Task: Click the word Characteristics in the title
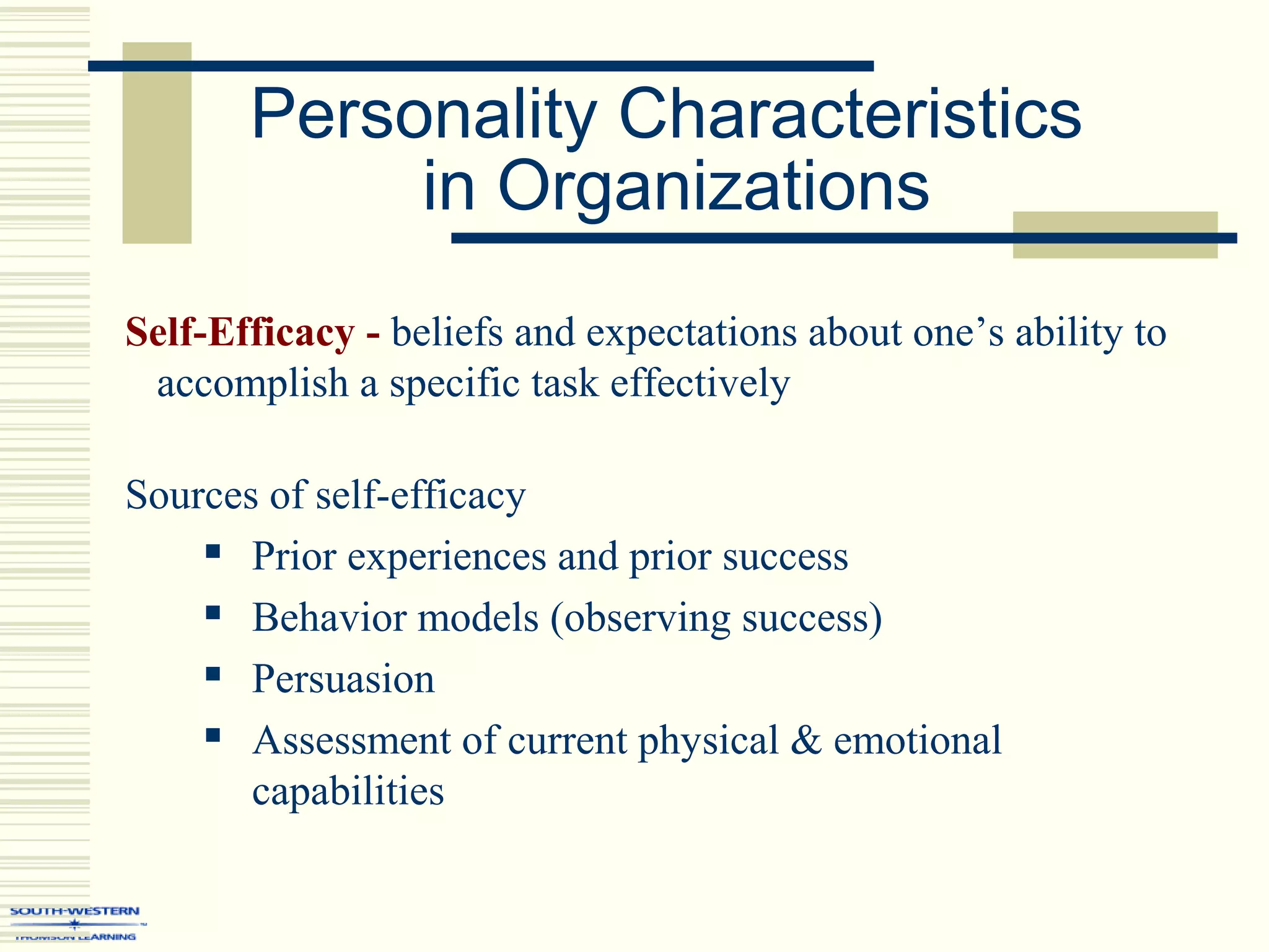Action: coord(850,115)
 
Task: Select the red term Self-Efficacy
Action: coord(240,333)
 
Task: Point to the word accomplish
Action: coord(252,384)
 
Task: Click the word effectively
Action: coord(700,384)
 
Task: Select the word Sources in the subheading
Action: coord(191,496)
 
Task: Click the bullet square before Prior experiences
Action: coord(213,552)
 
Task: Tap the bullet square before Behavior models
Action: coord(213,613)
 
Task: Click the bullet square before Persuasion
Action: coord(213,674)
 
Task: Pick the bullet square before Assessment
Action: coord(213,735)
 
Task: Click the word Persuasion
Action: coord(343,679)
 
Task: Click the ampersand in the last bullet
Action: coord(806,740)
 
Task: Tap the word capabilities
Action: coord(348,792)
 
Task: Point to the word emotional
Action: coord(917,740)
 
